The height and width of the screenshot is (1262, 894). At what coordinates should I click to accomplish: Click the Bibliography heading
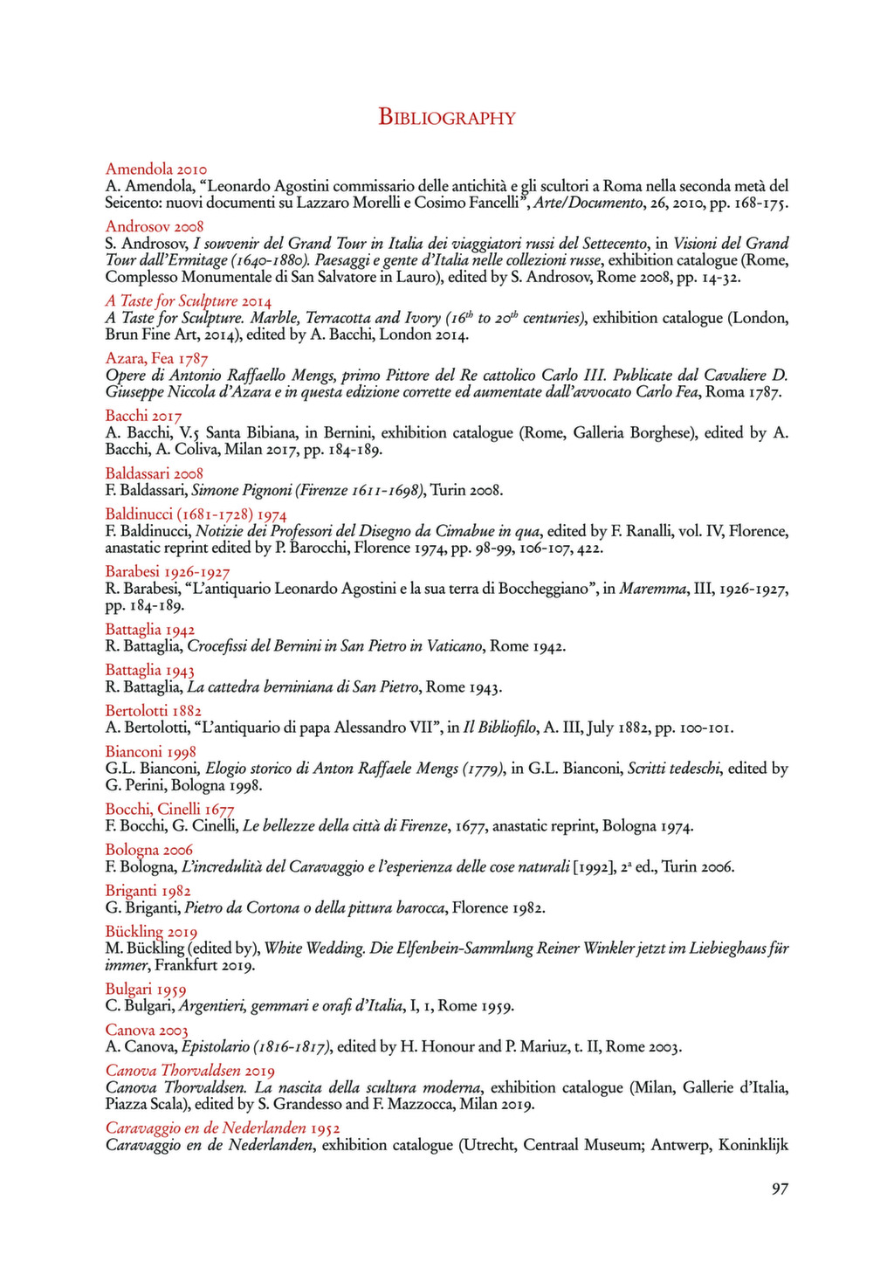tap(446, 118)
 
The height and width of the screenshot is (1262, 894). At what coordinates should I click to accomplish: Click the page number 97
tap(780, 1188)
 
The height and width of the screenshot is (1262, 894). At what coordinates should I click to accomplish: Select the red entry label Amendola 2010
tap(156, 169)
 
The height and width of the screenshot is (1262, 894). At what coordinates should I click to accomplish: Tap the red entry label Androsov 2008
tap(155, 226)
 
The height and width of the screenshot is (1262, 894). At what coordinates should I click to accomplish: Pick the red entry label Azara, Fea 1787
tap(157, 358)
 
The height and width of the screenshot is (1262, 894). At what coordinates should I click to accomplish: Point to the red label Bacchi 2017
tap(143, 415)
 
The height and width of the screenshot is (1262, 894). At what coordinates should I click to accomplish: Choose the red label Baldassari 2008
tap(154, 473)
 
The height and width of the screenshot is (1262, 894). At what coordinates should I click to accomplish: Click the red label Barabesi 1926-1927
tap(168, 572)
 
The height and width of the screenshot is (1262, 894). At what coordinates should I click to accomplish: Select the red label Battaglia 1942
tap(150, 630)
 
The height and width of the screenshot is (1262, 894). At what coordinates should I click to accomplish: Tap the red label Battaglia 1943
tap(150, 670)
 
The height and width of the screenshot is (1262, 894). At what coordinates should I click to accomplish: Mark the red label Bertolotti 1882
tap(154, 710)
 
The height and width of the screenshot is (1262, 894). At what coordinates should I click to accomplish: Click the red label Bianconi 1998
tap(150, 751)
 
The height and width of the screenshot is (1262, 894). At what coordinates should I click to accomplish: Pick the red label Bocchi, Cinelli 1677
tap(169, 809)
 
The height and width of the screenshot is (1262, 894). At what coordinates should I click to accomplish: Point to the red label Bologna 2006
tap(149, 850)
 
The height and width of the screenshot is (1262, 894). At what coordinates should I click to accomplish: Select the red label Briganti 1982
tap(148, 891)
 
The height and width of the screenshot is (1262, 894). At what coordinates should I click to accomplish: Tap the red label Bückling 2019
tap(151, 931)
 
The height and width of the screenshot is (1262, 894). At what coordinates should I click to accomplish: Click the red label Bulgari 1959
tap(146, 989)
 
